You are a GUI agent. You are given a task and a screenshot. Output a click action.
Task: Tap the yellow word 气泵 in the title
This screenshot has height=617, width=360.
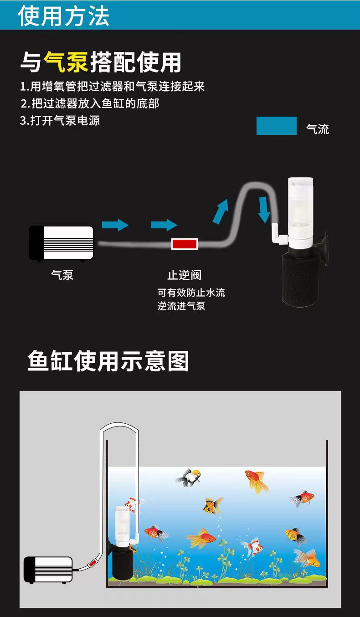click(66, 62)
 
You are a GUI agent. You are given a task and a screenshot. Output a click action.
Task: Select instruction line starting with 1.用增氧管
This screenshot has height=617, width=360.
click(112, 86)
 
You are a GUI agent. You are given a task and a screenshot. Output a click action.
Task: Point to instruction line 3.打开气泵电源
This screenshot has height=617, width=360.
click(60, 121)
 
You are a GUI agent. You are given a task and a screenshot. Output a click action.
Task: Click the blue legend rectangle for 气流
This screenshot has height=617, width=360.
click(276, 126)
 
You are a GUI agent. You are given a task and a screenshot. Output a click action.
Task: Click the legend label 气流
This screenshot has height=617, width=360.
click(318, 129)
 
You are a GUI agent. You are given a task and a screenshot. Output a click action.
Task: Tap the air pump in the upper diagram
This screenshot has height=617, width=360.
click(61, 243)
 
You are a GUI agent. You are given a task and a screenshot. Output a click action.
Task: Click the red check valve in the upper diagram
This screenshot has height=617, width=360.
click(184, 244)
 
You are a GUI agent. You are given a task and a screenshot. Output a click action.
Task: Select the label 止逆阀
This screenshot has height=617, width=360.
click(184, 275)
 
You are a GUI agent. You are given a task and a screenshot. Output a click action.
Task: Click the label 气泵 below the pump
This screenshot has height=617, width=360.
click(62, 275)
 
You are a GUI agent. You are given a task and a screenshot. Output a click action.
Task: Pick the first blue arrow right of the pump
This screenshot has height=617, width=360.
click(115, 224)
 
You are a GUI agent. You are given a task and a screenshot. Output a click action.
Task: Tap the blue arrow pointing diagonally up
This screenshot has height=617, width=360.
click(221, 210)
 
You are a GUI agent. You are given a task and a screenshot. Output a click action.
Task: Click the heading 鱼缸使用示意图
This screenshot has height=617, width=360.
click(108, 361)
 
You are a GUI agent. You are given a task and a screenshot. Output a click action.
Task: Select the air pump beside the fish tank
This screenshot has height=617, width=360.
click(48, 569)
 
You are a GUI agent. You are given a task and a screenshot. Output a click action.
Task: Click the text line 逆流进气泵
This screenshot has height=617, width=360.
click(181, 306)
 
